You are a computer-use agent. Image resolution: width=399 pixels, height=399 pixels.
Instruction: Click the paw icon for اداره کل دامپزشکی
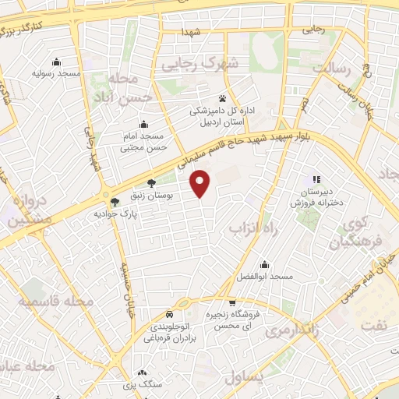tap(223, 99)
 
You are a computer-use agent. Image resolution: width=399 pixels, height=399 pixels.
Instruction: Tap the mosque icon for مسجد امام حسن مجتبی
tap(143, 124)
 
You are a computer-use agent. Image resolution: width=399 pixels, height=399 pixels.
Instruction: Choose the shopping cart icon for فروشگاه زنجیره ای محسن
tap(231, 302)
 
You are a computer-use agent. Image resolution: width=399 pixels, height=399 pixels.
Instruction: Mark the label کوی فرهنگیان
tap(347, 233)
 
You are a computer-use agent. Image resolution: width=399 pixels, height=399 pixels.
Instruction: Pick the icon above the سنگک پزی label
tap(142, 373)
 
